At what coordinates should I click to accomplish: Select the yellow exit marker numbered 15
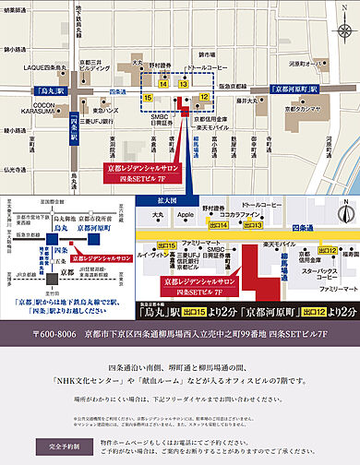pos(149,95)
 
